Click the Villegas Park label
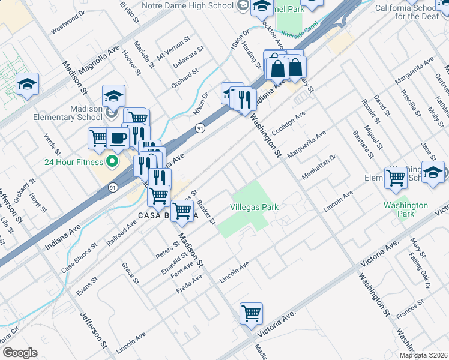pos(254,207)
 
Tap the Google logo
pos(20,352)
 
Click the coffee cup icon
pos(118,139)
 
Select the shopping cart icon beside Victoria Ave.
pos(251,313)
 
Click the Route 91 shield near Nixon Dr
pos(199,128)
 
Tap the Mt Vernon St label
pos(173,47)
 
